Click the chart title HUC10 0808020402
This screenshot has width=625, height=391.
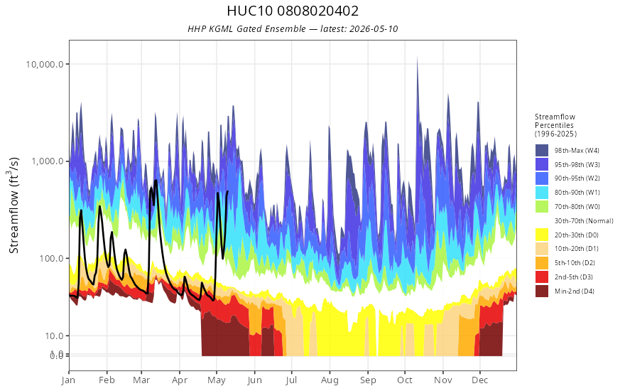[x=293, y=11]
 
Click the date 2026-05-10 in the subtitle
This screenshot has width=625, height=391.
[x=373, y=28]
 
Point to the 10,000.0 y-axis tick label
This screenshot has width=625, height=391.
[x=45, y=64]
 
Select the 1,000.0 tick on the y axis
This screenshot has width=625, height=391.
[x=48, y=161]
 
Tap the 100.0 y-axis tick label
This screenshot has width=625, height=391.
[x=51, y=258]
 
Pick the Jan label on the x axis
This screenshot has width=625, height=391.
[x=69, y=380]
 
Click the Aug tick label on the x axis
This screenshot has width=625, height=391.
[x=330, y=380]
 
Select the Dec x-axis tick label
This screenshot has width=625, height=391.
[x=480, y=380]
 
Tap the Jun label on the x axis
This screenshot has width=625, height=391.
[x=255, y=380]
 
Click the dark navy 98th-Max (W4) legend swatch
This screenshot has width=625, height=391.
[x=542, y=151]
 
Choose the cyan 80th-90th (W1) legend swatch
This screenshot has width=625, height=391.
[x=542, y=193]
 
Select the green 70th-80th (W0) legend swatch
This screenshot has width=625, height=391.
[x=542, y=207]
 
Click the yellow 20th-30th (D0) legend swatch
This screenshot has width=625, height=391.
[x=542, y=235]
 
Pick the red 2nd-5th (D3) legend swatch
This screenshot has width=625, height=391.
[x=542, y=277]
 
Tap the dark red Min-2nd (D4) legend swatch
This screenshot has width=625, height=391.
[x=542, y=291]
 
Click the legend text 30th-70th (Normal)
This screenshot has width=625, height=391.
[x=584, y=220]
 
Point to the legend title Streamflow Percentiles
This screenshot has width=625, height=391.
[x=555, y=125]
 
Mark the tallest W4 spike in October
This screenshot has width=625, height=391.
[x=418, y=58]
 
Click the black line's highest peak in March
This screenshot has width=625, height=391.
[x=156, y=181]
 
